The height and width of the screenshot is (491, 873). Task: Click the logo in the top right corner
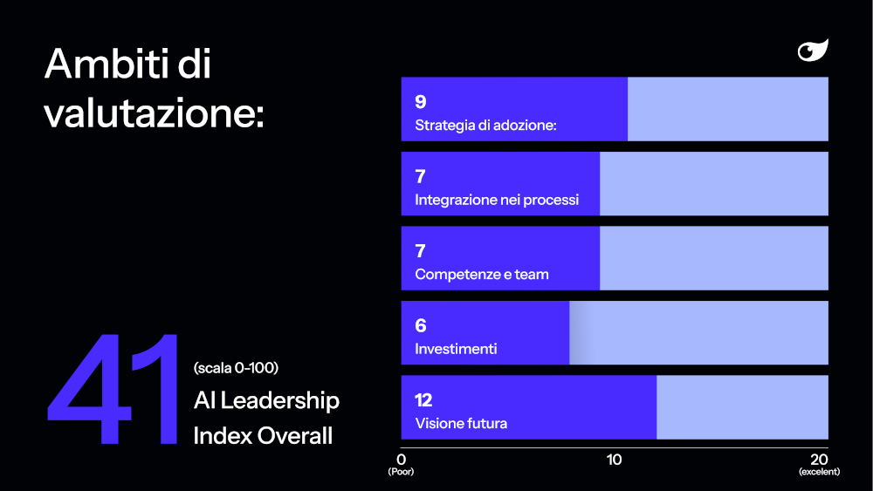(813, 50)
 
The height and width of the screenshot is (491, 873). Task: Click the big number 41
(113, 389)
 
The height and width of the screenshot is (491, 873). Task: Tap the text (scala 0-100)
(236, 368)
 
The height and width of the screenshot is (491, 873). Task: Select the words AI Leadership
(266, 400)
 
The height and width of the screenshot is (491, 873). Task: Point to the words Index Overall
(263, 436)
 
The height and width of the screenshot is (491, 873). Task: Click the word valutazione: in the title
(154, 113)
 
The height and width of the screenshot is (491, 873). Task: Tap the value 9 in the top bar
(421, 102)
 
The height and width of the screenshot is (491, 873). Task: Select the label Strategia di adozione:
(485, 125)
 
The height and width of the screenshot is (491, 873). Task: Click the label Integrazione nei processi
(497, 200)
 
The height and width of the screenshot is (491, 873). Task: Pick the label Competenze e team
(482, 274)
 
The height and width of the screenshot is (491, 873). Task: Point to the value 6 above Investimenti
(421, 325)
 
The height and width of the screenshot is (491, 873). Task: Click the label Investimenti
(456, 349)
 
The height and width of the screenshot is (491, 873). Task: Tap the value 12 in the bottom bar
(423, 399)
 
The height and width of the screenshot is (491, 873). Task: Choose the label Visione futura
(461, 423)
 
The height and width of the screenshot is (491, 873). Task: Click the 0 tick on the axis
(401, 460)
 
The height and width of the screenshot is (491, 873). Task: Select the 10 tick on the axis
(614, 460)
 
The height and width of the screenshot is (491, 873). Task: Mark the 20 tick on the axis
(819, 460)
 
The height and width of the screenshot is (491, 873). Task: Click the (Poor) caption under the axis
(401, 472)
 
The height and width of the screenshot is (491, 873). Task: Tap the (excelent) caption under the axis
(819, 472)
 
